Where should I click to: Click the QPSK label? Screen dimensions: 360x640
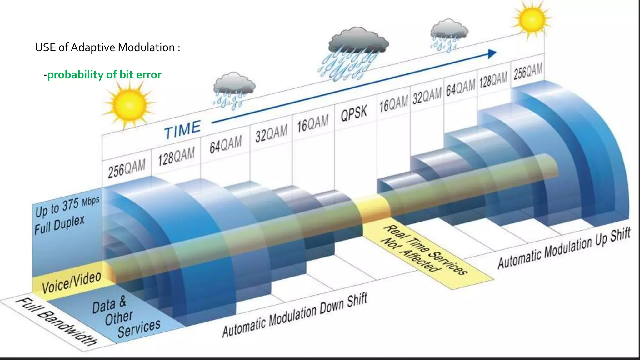coord(354,113)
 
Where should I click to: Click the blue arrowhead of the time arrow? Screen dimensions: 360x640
coord(492,54)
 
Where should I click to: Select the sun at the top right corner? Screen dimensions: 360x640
coord(532,19)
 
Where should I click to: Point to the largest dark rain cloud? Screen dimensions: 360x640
coord(358,42)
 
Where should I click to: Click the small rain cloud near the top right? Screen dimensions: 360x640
coord(449,30)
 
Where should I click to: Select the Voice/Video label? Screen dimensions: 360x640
coord(72,282)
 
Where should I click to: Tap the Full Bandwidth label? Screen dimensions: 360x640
coord(57,322)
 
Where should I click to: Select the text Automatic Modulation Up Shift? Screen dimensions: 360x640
coord(564,248)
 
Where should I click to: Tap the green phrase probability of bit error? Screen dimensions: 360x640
coord(104,75)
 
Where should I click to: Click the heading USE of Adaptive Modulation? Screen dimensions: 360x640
coord(107,47)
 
